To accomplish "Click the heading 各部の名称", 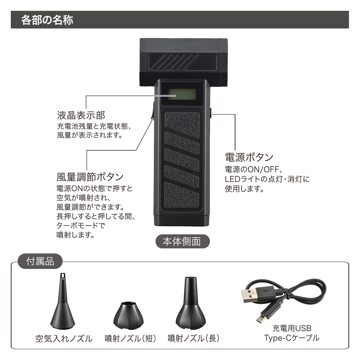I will (47, 19).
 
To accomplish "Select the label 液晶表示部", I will (81, 116).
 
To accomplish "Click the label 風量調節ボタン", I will (90, 177).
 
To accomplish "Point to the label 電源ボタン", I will (249, 157).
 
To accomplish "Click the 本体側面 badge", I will (182, 242).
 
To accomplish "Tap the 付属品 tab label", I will (40, 261).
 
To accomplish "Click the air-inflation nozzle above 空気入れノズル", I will (63, 302).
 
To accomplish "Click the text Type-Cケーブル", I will (292, 338).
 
